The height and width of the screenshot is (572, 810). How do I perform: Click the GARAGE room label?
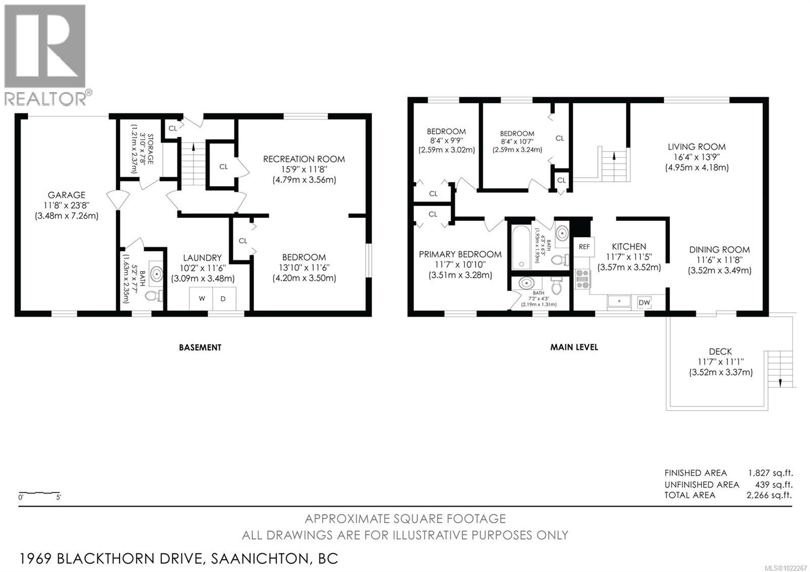tap(66, 195)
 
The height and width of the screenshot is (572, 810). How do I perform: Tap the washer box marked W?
tap(201, 299)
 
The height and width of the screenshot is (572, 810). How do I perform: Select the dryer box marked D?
tap(223, 299)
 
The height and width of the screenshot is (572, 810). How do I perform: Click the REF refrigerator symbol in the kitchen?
tap(584, 247)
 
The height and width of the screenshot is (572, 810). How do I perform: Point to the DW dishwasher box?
tap(644, 303)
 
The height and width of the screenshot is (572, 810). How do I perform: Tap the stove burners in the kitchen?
tap(583, 279)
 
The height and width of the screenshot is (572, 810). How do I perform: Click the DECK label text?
tap(720, 351)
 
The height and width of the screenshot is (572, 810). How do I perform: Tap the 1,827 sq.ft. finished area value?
tap(770, 473)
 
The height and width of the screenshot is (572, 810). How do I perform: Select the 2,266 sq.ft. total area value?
tap(769, 495)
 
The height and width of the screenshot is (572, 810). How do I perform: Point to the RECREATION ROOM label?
tap(304, 159)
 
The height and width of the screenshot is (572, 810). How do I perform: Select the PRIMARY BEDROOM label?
tap(460, 254)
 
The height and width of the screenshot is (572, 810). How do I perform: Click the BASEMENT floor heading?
tap(200, 347)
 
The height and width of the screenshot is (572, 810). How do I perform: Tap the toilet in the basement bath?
tap(152, 295)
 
